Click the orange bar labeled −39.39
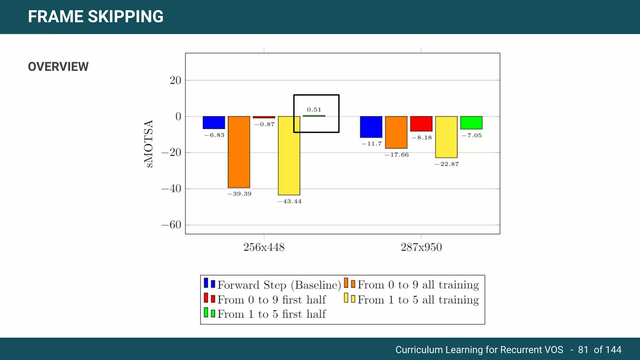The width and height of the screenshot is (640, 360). pyautogui.click(x=239, y=152)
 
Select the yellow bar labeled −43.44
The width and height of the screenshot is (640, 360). pyautogui.click(x=289, y=156)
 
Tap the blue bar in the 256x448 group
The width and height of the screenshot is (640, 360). pyautogui.click(x=214, y=122)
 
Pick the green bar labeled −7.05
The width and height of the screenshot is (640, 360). pyautogui.click(x=471, y=123)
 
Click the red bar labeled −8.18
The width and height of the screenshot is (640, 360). pyautogui.click(x=421, y=124)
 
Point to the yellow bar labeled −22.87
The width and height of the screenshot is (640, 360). pyautogui.click(x=446, y=137)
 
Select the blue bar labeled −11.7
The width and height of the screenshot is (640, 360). pyautogui.click(x=371, y=127)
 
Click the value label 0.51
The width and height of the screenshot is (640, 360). pyautogui.click(x=314, y=110)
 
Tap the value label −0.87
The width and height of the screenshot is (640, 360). pyautogui.click(x=264, y=124)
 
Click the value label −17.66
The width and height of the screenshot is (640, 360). pyautogui.click(x=397, y=155)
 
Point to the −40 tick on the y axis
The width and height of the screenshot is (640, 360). pyautogui.click(x=171, y=189)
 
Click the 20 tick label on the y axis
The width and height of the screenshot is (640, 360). pyautogui.click(x=175, y=81)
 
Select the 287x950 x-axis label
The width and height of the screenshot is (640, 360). pyautogui.click(x=421, y=247)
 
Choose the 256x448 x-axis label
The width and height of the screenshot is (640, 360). pyautogui.click(x=264, y=247)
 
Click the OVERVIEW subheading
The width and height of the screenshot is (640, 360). pyautogui.click(x=58, y=67)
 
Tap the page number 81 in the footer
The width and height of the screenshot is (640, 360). pyautogui.click(x=583, y=349)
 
